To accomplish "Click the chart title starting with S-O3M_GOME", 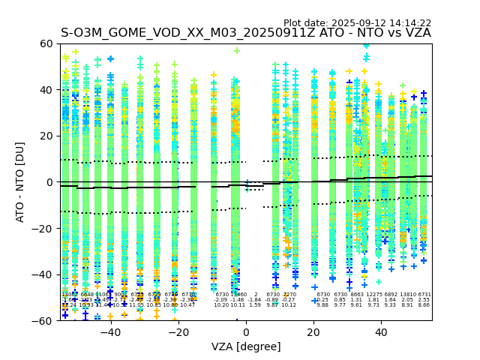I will coord(246,33).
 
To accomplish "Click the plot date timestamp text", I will coord(358,23).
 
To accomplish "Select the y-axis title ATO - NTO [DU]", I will coord(21,182).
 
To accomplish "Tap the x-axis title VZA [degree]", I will coord(246,346).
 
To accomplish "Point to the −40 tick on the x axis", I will coord(110,331).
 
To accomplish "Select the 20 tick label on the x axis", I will coord(313,331).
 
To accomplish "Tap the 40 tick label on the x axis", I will coord(381,331).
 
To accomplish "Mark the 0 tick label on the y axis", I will coord(51,182).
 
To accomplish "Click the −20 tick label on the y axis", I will coord(45,228).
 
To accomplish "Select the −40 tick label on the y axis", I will coord(45,274).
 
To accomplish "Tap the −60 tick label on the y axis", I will coord(45,320).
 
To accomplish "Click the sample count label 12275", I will coord(373,295).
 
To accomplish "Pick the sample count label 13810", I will coord(407,295).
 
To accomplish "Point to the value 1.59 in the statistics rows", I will coord(255,305).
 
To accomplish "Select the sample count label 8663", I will coord(356,295).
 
